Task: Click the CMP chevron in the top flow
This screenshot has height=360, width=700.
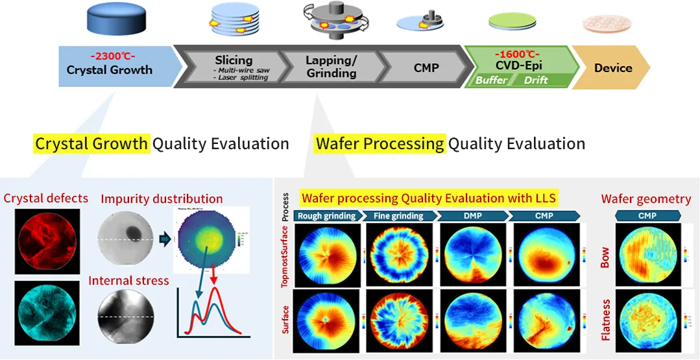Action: [426, 67]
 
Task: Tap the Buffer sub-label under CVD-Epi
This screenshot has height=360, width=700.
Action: [492, 80]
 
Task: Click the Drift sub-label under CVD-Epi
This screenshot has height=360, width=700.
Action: [535, 80]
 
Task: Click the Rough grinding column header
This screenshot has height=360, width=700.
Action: [326, 215]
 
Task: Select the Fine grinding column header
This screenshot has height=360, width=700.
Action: [399, 215]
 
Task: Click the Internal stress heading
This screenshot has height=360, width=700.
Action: [128, 281]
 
